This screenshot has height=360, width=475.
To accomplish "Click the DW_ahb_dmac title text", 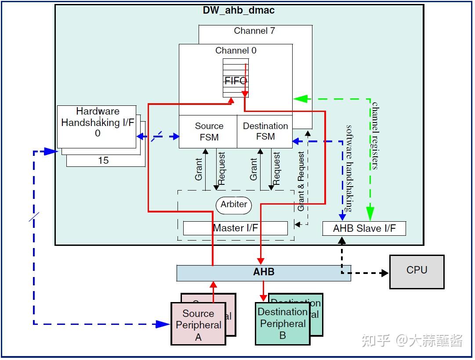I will (239, 11).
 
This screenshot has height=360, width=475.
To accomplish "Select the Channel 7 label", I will (254, 31).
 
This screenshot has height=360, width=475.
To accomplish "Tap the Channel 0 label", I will (236, 50).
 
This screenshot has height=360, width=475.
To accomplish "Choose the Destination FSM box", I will (265, 132).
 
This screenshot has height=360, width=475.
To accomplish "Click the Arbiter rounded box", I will (234, 205).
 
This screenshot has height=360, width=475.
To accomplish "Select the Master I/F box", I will (235, 228).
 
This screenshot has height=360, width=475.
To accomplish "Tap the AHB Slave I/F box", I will (364, 229).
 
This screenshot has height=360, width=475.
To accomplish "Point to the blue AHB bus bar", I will (264, 273).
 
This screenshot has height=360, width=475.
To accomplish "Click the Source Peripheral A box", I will (198, 325).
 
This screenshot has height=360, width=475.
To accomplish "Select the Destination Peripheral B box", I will (283, 324).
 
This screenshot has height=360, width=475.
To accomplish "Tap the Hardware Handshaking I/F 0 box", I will (97, 122).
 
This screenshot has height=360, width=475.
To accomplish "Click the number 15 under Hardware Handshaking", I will (103, 161).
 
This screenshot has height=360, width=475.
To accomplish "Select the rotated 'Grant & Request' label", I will (301, 181).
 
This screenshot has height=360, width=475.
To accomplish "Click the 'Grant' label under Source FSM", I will (199, 169).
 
